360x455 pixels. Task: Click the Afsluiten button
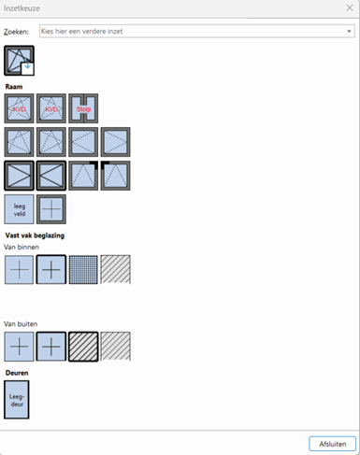332,443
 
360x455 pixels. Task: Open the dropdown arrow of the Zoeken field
348,31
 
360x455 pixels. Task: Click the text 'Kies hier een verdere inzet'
89,31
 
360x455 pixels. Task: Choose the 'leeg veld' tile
19,209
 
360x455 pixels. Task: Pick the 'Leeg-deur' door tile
17,399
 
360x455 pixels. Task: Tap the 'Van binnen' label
22,247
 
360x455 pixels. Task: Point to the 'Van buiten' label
22,323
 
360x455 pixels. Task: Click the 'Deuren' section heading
17,373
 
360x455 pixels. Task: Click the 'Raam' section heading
14,86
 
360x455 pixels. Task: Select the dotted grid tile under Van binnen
83,269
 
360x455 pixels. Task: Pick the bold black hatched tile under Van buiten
83,346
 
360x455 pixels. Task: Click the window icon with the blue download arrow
19,62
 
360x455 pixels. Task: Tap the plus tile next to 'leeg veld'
51,209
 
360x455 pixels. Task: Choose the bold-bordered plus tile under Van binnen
51,269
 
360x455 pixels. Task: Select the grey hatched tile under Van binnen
115,269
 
